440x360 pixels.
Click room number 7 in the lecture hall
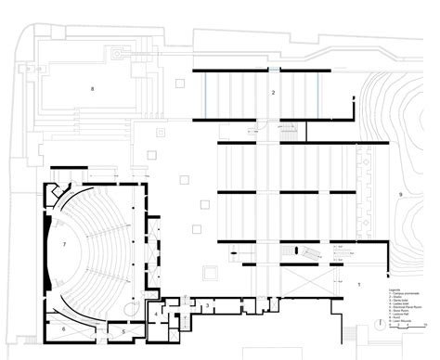tap(64, 244)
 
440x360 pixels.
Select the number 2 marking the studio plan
tap(273, 94)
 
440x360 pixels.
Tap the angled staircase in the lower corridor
tap(302, 251)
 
